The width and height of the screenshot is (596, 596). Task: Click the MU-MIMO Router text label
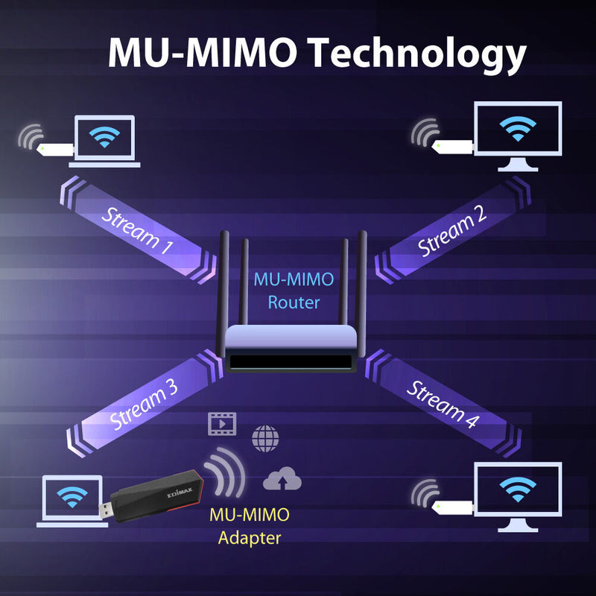[294, 291]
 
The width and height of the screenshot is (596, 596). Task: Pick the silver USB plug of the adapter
[107, 511]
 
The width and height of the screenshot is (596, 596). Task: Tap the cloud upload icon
[282, 480]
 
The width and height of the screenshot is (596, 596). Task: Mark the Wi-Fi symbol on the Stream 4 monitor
[518, 488]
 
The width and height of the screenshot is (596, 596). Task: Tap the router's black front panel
[291, 364]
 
